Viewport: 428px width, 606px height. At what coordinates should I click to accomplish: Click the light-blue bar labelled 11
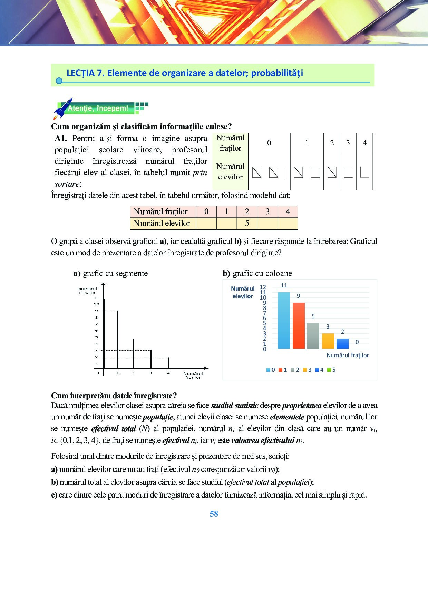click(284, 320)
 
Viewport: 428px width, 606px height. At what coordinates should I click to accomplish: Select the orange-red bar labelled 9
click(299, 325)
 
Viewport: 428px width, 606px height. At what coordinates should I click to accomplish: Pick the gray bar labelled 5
click(313, 336)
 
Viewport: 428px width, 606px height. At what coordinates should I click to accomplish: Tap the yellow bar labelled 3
click(328, 341)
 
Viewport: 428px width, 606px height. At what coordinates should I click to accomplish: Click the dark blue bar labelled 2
click(342, 343)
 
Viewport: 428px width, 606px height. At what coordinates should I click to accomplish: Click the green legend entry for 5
click(331, 370)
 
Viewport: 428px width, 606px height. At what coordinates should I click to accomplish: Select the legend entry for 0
click(271, 370)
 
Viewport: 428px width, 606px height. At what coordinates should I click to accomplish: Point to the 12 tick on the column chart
click(263, 287)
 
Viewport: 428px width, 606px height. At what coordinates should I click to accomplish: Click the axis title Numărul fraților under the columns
click(348, 355)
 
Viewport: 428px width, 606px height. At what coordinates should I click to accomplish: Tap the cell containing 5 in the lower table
click(247, 224)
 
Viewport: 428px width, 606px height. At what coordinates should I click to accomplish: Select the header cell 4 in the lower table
click(288, 211)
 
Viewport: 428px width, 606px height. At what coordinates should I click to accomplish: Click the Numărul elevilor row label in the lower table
click(162, 224)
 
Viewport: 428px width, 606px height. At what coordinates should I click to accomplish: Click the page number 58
click(214, 514)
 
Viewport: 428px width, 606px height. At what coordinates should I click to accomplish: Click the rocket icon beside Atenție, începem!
click(63, 108)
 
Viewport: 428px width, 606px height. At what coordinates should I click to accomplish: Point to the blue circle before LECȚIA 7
click(59, 81)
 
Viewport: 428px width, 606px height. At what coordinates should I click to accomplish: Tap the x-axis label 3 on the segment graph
click(151, 373)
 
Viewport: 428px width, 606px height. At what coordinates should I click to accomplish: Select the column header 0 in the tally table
click(269, 143)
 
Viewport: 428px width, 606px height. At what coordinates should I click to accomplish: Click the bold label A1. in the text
click(61, 139)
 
